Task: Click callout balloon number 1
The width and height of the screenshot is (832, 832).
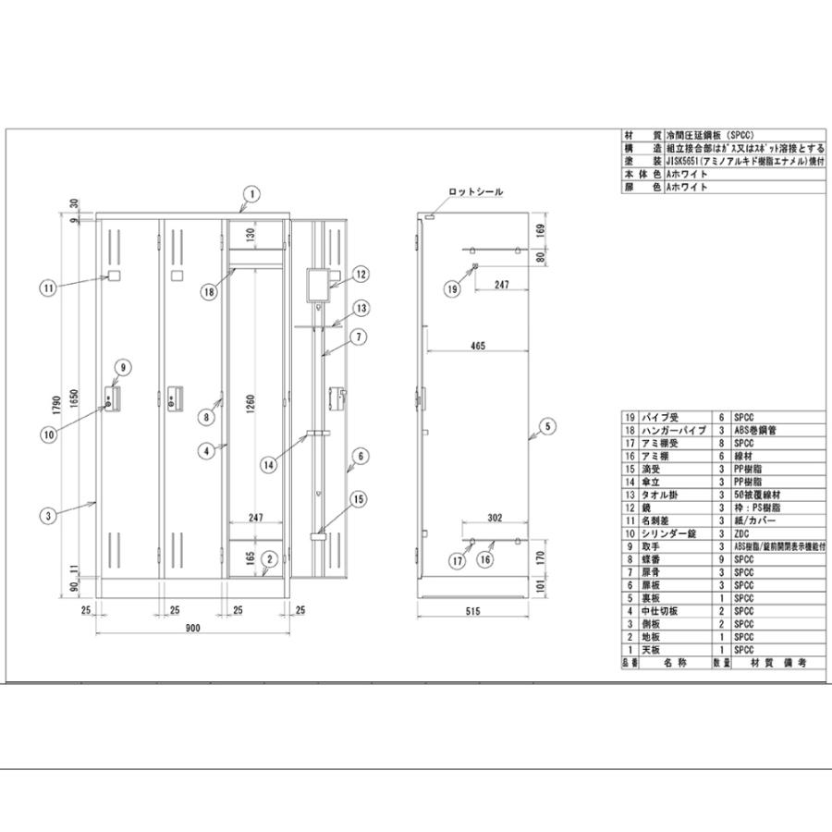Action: click(x=250, y=194)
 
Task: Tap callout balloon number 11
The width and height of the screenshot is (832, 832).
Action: click(x=48, y=288)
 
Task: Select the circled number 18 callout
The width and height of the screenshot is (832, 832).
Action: click(x=210, y=290)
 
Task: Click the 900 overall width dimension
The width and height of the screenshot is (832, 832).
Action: click(x=192, y=629)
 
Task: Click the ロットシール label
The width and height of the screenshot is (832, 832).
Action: click(x=475, y=191)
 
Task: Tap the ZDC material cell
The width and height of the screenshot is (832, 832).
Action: click(x=742, y=533)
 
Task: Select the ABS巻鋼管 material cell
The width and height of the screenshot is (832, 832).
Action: click(x=754, y=430)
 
